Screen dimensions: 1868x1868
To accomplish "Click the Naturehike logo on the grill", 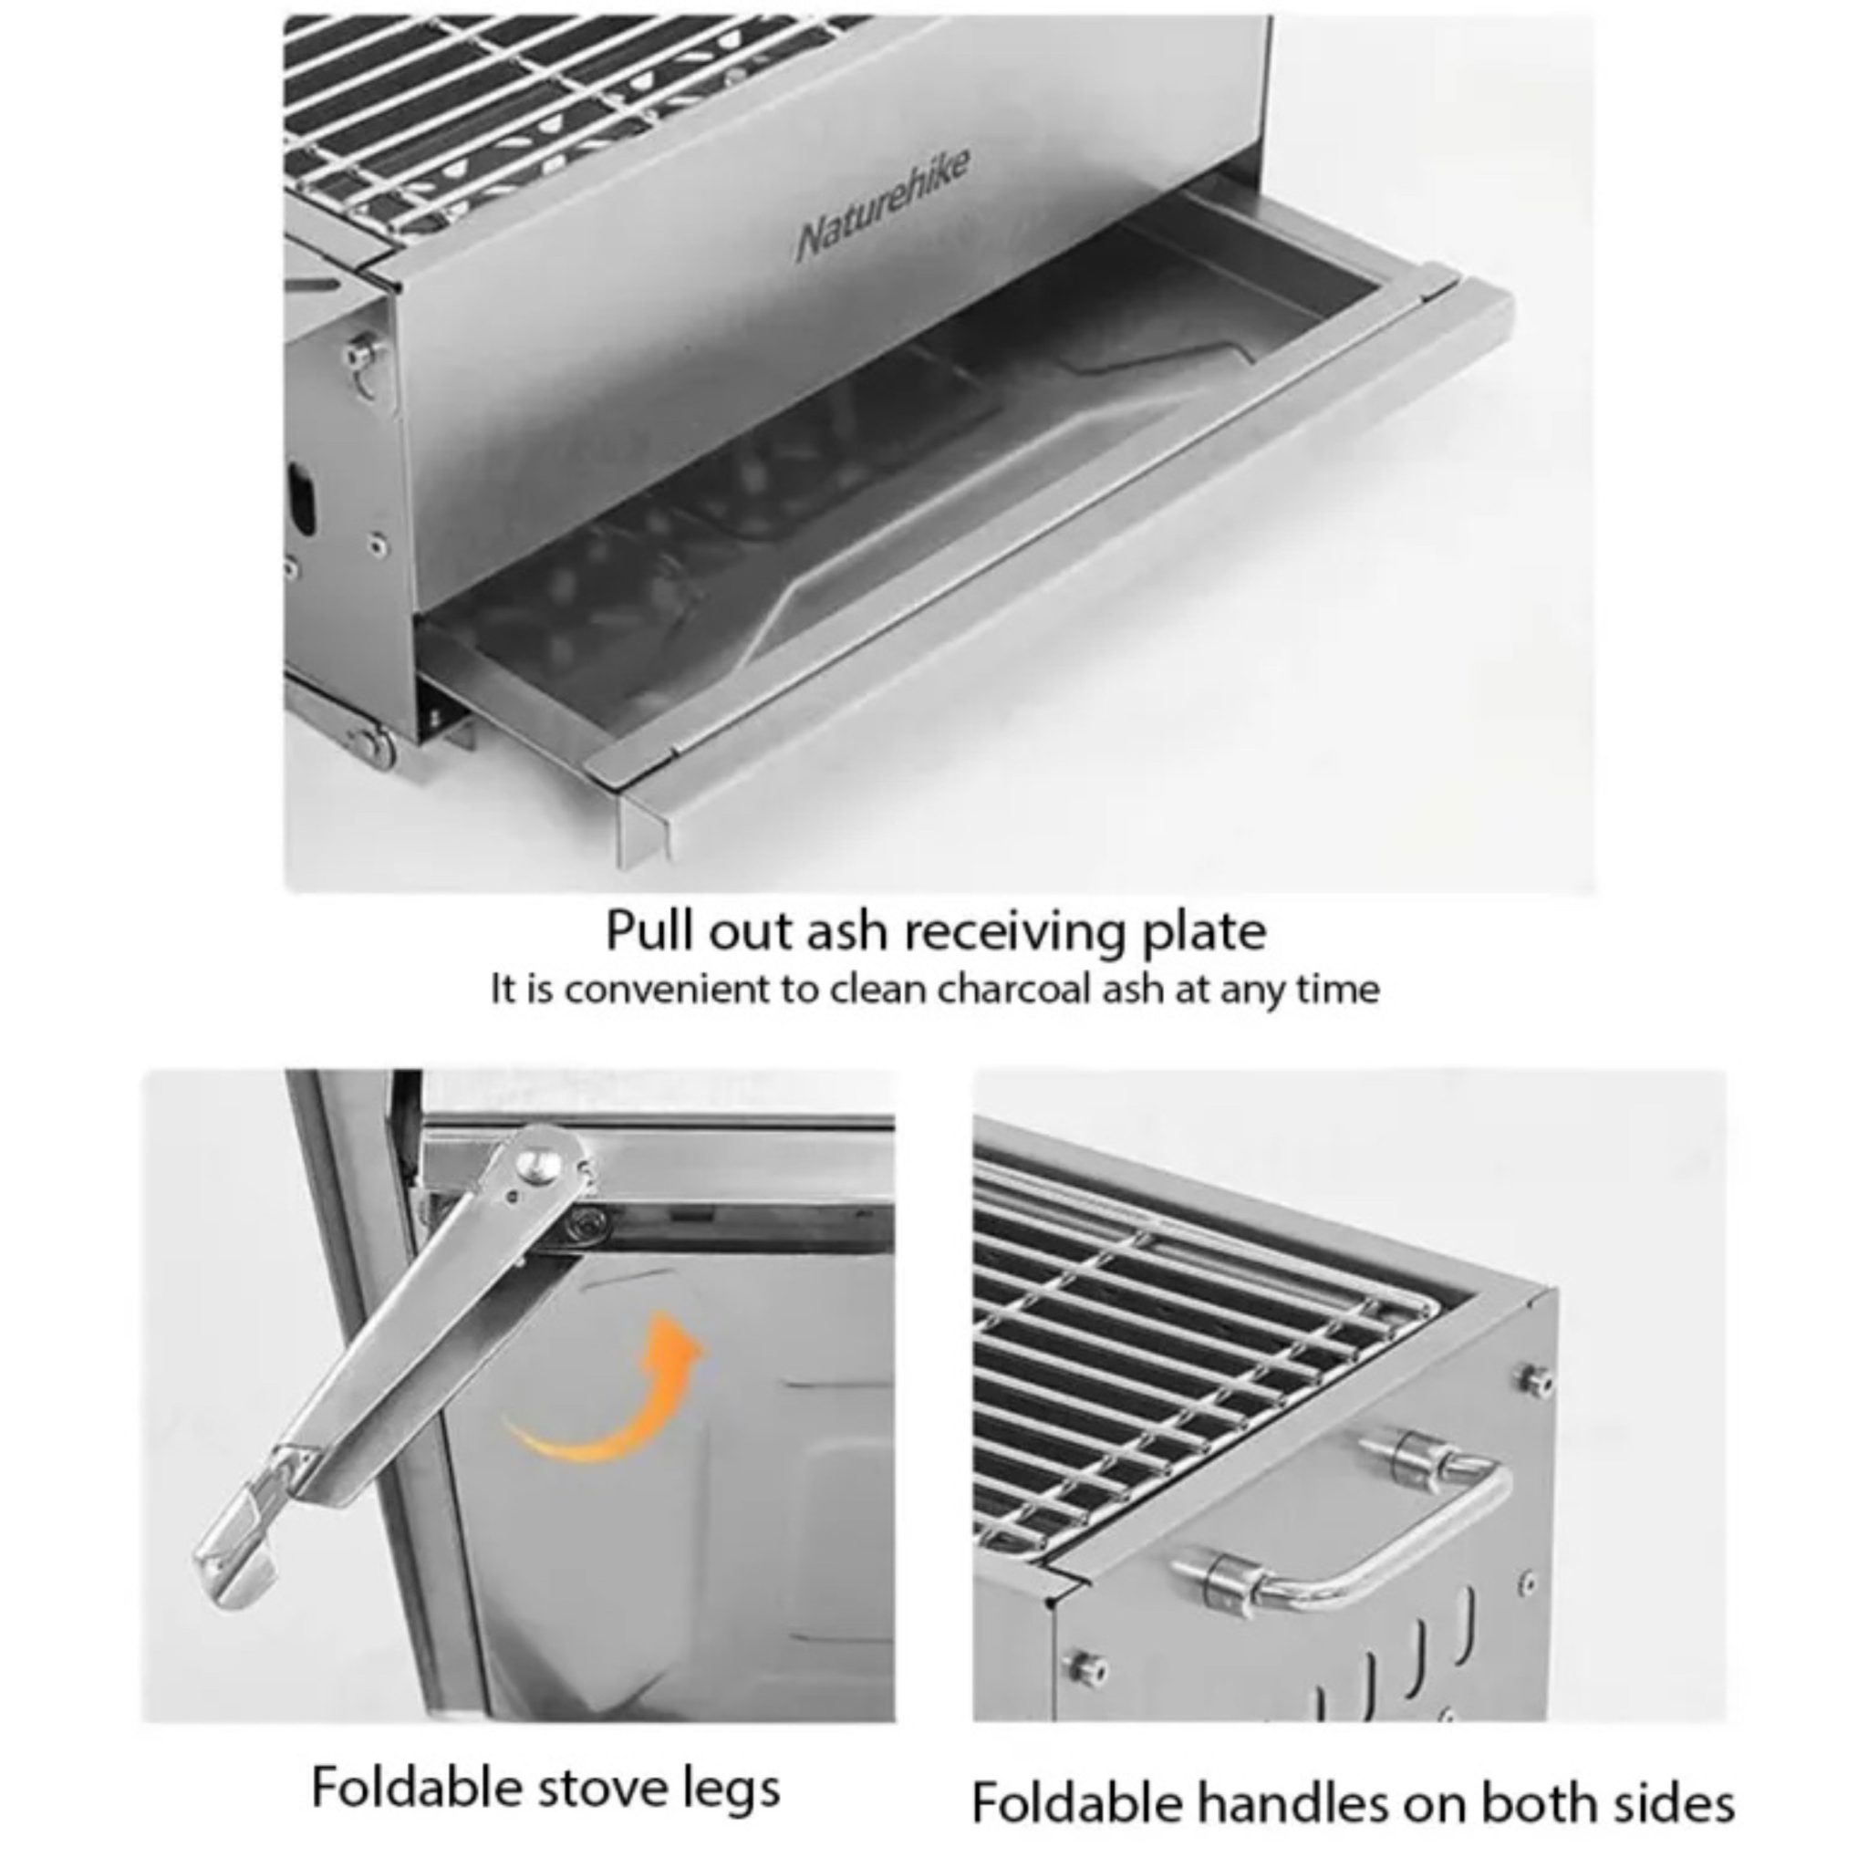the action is click(883, 205).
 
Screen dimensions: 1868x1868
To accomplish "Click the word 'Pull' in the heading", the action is click(649, 932).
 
